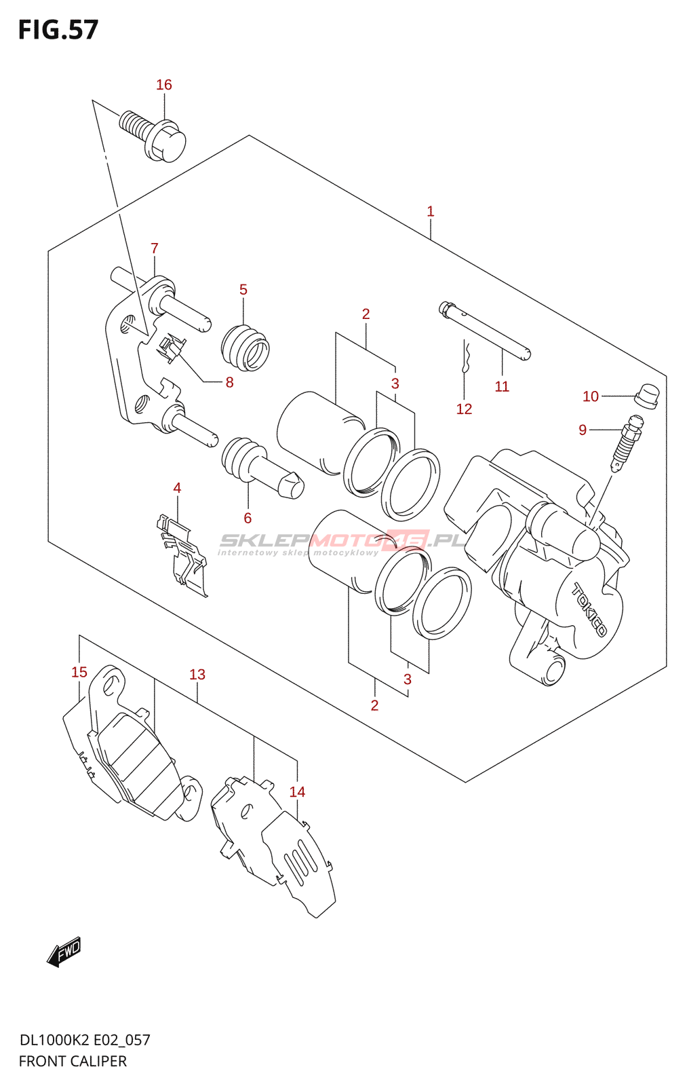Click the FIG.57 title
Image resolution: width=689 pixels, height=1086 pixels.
tap(58, 30)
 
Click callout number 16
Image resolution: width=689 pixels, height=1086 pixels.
tap(164, 85)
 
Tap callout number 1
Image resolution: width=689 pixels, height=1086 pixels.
tap(431, 212)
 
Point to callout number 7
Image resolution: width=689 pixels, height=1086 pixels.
tap(155, 248)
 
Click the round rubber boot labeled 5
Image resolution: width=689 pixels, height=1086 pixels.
tap(245, 348)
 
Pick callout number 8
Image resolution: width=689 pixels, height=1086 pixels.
tap(230, 383)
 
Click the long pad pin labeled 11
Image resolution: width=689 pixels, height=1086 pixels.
tap(485, 331)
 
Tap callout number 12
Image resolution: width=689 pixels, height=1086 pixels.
tap(464, 409)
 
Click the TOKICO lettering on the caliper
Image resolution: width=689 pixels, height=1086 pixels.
tap(589, 609)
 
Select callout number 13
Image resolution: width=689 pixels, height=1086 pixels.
tap(197, 675)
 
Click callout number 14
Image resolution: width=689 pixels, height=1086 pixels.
tap(297, 792)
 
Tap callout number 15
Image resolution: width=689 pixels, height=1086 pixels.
tap(79, 673)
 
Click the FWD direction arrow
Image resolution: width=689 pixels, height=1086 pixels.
tap(65, 952)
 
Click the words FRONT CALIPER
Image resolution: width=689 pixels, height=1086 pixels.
tap(73, 1062)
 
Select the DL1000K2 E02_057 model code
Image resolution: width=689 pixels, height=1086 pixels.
tap(85, 1041)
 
